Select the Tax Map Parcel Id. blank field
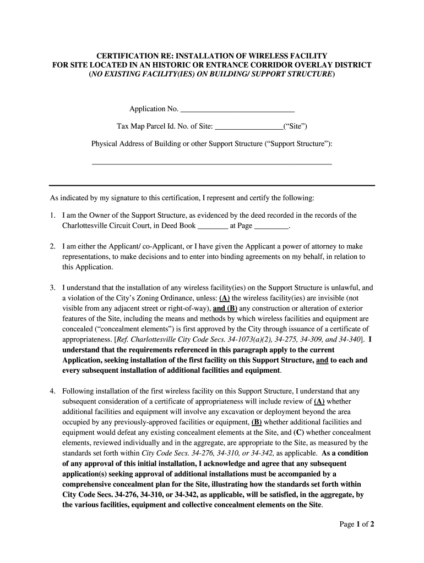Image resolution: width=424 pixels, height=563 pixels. point(248,126)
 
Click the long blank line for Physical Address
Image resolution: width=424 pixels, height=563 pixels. point(211,163)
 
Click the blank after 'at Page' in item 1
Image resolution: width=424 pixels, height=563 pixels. point(272,225)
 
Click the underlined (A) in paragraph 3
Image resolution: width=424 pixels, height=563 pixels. point(225,298)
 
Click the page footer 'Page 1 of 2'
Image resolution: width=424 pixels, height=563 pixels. point(357,524)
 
